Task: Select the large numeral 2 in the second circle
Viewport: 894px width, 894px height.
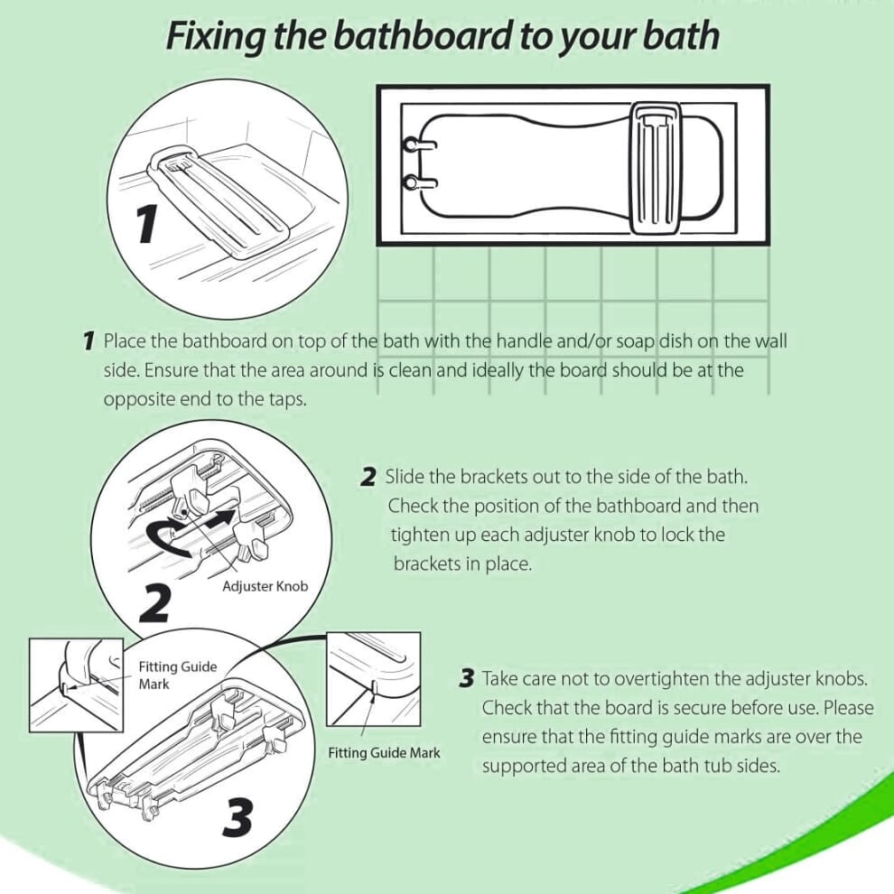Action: [156, 603]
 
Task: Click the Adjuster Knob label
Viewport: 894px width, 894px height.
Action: [265, 586]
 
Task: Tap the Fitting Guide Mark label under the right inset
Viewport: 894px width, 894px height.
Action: [384, 752]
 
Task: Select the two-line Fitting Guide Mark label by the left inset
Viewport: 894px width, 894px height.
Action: [177, 675]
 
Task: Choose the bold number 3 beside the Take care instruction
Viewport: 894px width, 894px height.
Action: [466, 678]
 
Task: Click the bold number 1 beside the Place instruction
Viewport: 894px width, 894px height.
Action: [88, 341]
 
